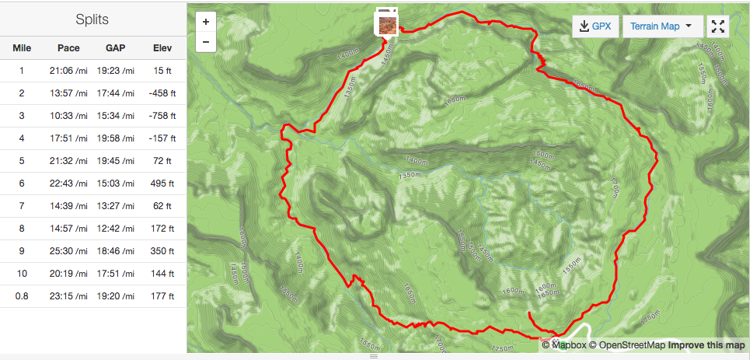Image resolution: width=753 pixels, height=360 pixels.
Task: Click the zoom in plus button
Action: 205,23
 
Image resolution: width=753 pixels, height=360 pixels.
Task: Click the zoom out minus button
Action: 205,42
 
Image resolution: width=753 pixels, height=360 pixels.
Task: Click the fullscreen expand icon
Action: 718,26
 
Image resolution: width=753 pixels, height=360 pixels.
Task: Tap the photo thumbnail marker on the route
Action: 387,23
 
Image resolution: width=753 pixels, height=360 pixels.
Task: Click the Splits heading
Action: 92,19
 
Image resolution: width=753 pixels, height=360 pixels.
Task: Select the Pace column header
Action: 68,48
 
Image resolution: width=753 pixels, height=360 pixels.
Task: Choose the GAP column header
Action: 116,48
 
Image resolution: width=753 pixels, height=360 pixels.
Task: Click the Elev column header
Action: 162,48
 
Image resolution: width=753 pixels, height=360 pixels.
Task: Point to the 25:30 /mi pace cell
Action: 68,251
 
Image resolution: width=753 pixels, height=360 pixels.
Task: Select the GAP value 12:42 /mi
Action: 116,229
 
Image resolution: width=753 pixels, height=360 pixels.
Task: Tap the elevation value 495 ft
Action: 162,183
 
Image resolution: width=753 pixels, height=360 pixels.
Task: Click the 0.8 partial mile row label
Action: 22,296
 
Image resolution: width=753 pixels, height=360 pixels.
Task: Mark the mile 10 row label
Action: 22,274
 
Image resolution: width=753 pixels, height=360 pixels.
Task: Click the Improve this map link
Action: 706,345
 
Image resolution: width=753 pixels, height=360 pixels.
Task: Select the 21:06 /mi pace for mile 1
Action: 68,71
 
